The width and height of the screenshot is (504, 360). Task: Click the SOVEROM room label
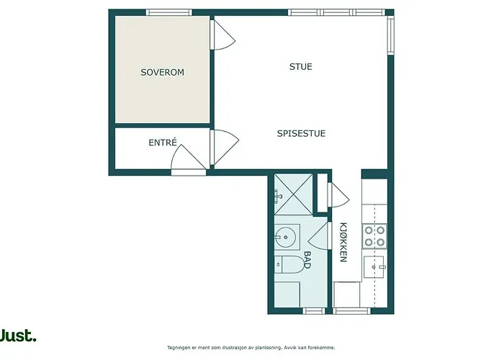162,73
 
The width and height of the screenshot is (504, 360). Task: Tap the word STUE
300,67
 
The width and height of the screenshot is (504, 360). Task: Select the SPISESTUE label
302,133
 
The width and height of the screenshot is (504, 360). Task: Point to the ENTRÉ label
163,143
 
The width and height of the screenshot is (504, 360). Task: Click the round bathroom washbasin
287,235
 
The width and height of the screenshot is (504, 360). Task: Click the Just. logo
18,335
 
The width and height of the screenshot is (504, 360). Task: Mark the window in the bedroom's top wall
169,12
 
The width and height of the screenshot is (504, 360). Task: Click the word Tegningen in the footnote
181,347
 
